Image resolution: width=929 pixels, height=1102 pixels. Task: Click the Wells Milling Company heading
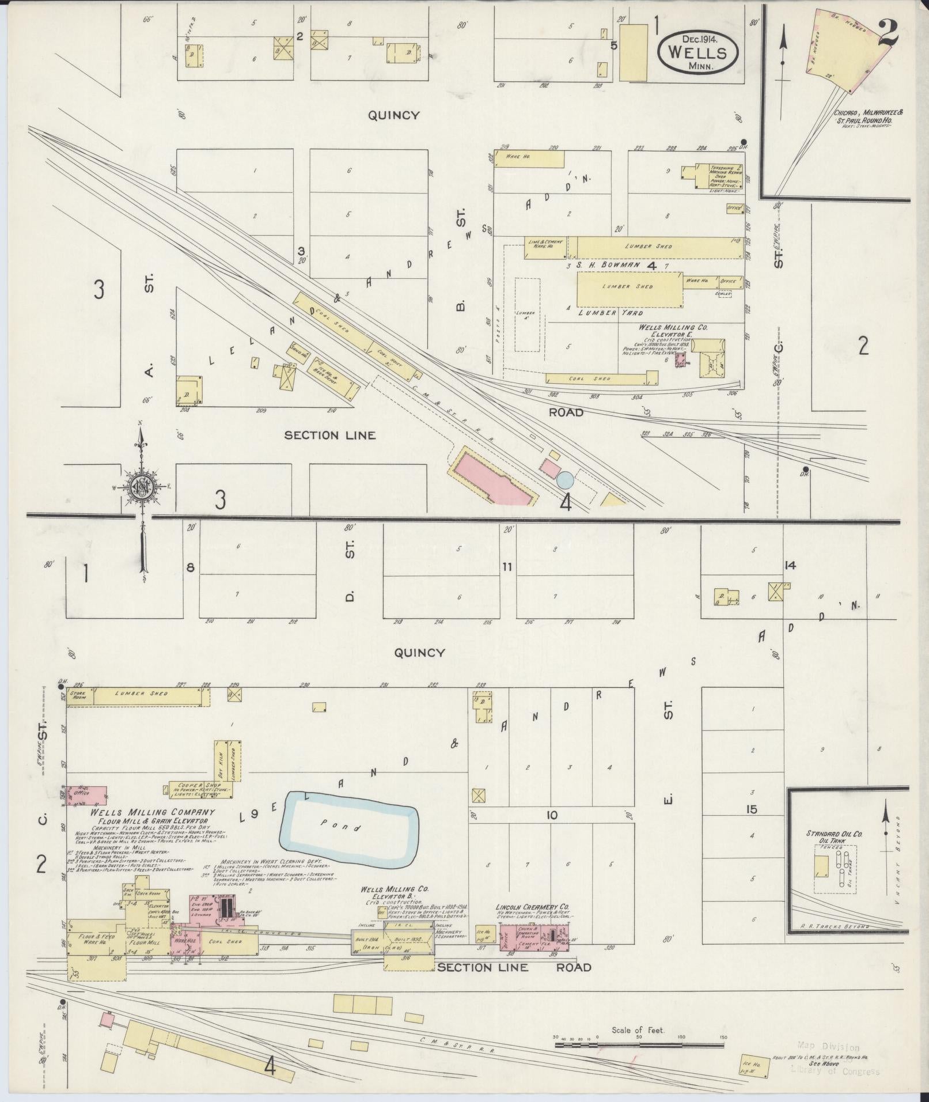click(152, 812)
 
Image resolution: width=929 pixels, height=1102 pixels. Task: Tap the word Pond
click(349, 827)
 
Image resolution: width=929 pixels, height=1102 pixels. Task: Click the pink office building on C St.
click(88, 796)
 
